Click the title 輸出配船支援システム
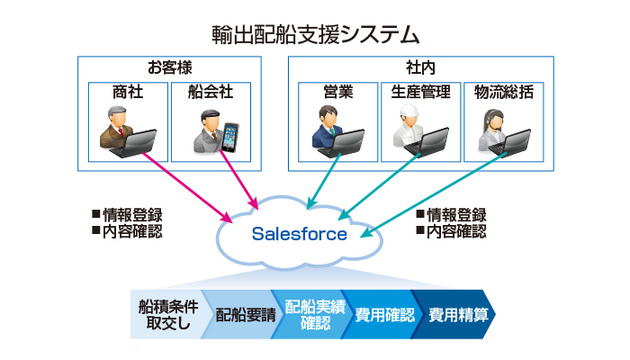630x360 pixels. pyautogui.click(x=315, y=34)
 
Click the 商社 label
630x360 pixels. pyautogui.click(x=127, y=93)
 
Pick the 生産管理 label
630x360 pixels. pyautogui.click(x=419, y=93)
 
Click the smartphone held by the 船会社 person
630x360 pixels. pyautogui.click(x=232, y=138)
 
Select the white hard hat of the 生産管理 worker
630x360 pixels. pyautogui.click(x=410, y=112)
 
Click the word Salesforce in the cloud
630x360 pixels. pyautogui.click(x=299, y=235)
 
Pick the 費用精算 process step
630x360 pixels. pyautogui.click(x=457, y=314)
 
